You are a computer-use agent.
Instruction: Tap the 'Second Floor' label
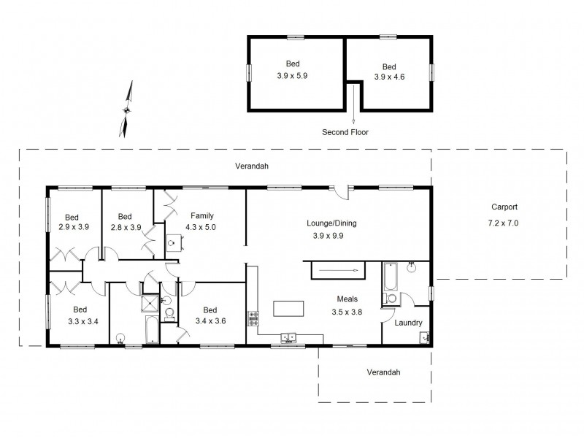[x=345, y=132]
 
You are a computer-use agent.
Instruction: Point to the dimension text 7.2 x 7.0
[x=502, y=223]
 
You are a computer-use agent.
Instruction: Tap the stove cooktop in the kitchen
[x=254, y=318]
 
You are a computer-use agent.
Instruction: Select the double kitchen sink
[x=289, y=337]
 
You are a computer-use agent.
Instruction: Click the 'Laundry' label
[x=408, y=323]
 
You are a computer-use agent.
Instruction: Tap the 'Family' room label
[x=202, y=216]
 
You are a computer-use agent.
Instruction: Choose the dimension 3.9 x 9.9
[x=328, y=236]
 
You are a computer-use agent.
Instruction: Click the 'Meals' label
[x=346, y=299]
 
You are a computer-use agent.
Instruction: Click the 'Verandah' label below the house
[x=383, y=372]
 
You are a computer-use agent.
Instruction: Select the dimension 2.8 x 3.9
[x=124, y=228]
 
